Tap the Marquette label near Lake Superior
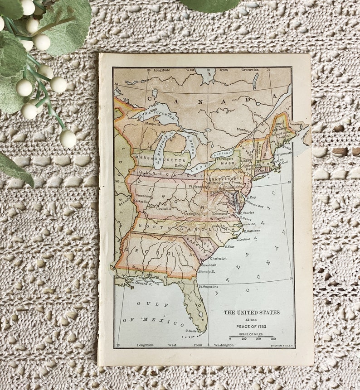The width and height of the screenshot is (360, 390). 153,124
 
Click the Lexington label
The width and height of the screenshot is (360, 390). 192,213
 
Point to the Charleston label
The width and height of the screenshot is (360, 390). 218,258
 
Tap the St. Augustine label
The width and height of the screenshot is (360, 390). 208,286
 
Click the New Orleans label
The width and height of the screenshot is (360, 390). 138,282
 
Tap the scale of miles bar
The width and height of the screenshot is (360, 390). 251,336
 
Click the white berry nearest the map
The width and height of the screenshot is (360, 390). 68,138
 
